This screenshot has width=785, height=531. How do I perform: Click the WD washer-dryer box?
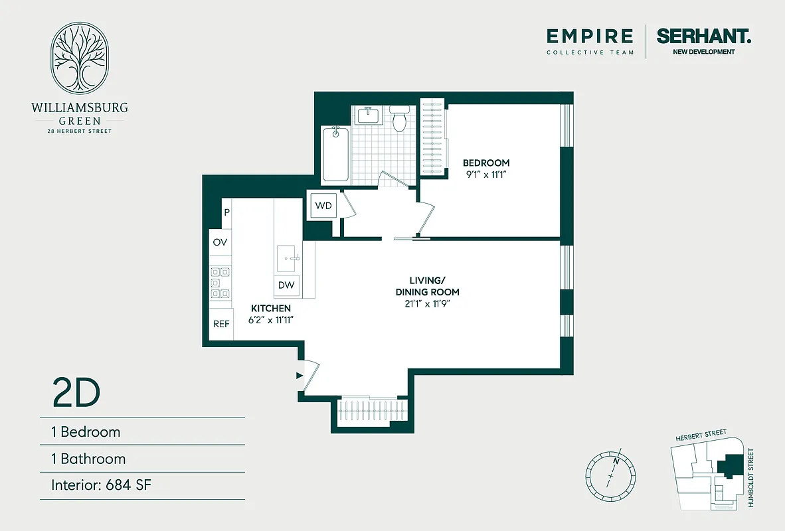coord(323,205)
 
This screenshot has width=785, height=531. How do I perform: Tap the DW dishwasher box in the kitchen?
coord(287,285)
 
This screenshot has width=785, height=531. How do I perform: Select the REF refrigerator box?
coord(221,325)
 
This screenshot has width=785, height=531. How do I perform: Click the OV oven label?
coord(220,242)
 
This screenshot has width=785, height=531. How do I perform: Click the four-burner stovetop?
coord(220,282)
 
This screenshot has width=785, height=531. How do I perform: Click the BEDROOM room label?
coord(486,163)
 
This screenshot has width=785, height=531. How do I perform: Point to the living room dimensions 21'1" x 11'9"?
coord(427,304)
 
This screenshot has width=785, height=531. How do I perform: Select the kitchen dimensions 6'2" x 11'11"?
coord(272,320)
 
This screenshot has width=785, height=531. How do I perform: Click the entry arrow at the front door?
coord(299,376)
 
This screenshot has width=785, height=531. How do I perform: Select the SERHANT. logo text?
coord(704,36)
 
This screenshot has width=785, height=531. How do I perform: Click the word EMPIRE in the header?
coord(590,36)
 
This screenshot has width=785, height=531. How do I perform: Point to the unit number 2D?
coord(76,393)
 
